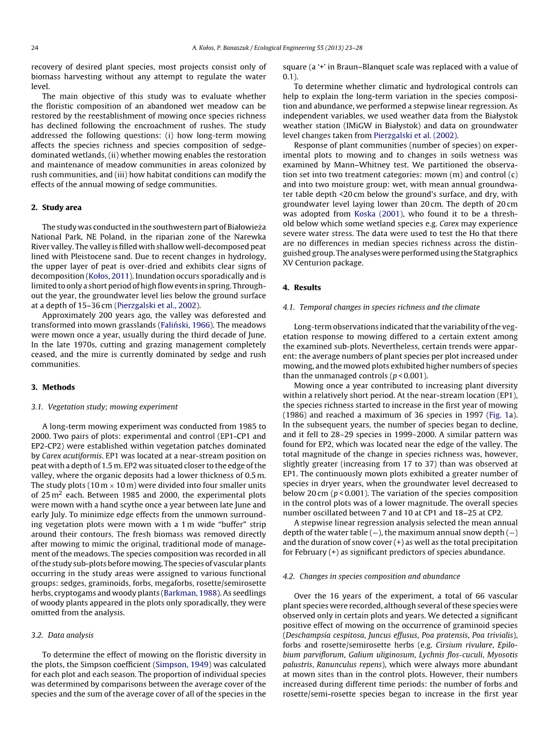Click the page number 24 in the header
click(35, 48)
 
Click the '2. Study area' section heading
click(56, 207)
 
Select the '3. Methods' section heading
click(53, 387)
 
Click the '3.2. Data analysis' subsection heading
click(62, 635)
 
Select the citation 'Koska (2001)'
click(373, 214)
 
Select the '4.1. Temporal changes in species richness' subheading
click(381, 307)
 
